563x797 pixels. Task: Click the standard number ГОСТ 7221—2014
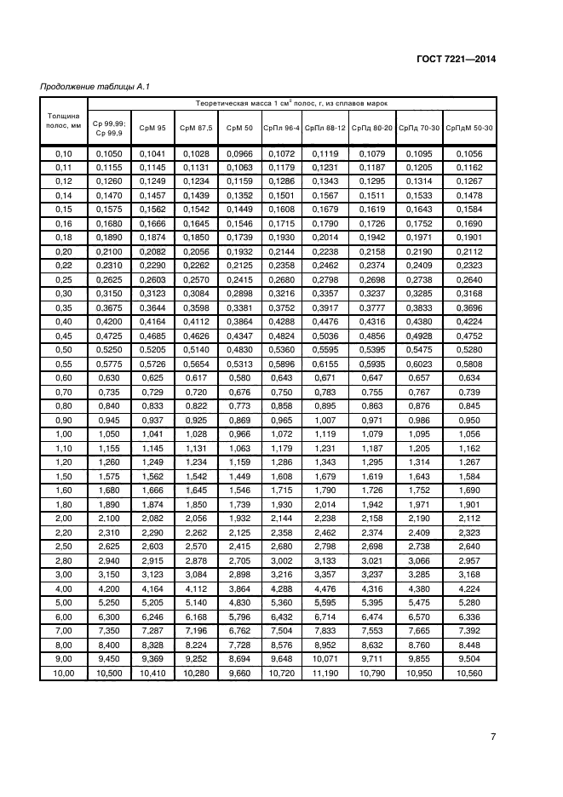click(x=457, y=60)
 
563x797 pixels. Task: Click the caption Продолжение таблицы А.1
click(x=97, y=87)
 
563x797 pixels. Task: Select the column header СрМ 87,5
click(x=196, y=128)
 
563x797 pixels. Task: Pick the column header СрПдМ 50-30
click(x=469, y=128)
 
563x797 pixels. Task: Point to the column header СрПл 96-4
click(x=281, y=128)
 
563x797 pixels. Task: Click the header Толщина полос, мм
click(x=64, y=119)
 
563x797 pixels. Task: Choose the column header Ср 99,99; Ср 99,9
click(x=110, y=128)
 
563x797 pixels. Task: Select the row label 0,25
click(x=64, y=278)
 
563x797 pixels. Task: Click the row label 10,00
click(x=64, y=673)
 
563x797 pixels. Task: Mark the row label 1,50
click(x=64, y=476)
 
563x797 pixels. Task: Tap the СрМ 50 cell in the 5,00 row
click(x=239, y=602)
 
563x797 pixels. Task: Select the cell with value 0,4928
click(x=420, y=335)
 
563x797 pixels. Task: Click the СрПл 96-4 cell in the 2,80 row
click(x=281, y=560)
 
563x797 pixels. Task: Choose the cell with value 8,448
click(x=469, y=645)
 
